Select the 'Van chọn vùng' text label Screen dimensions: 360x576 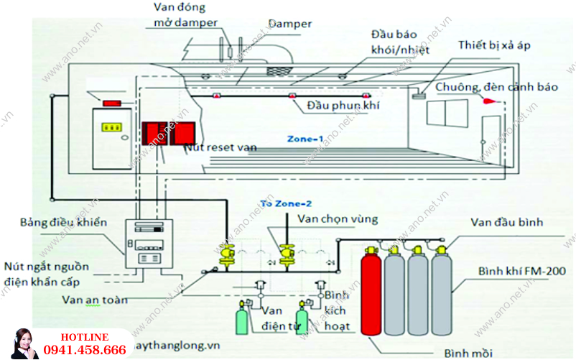pyautogui.click(x=337, y=218)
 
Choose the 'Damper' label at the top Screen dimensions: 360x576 pyautogui.click(x=290, y=24)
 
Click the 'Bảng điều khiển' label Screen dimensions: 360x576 pyautogui.click(x=64, y=222)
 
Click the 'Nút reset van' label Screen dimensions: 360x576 pyautogui.click(x=220, y=147)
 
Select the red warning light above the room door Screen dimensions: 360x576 pyautogui.click(x=111, y=103)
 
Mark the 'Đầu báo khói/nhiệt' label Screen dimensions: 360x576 pyautogui.click(x=395, y=42)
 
